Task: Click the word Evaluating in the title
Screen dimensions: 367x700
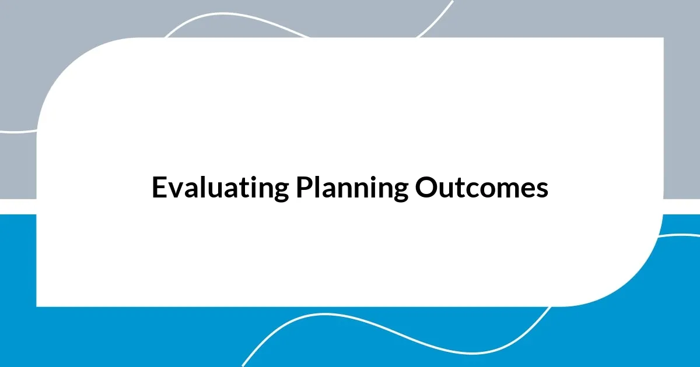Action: coord(220,188)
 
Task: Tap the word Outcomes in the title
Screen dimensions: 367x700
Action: coord(482,188)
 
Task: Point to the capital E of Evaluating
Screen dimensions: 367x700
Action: coord(159,188)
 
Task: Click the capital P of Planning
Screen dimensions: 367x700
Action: coord(303,188)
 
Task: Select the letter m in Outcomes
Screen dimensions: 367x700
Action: coord(509,190)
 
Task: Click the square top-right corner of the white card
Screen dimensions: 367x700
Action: coord(663,38)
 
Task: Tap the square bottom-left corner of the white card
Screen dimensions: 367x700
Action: coord(37,305)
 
